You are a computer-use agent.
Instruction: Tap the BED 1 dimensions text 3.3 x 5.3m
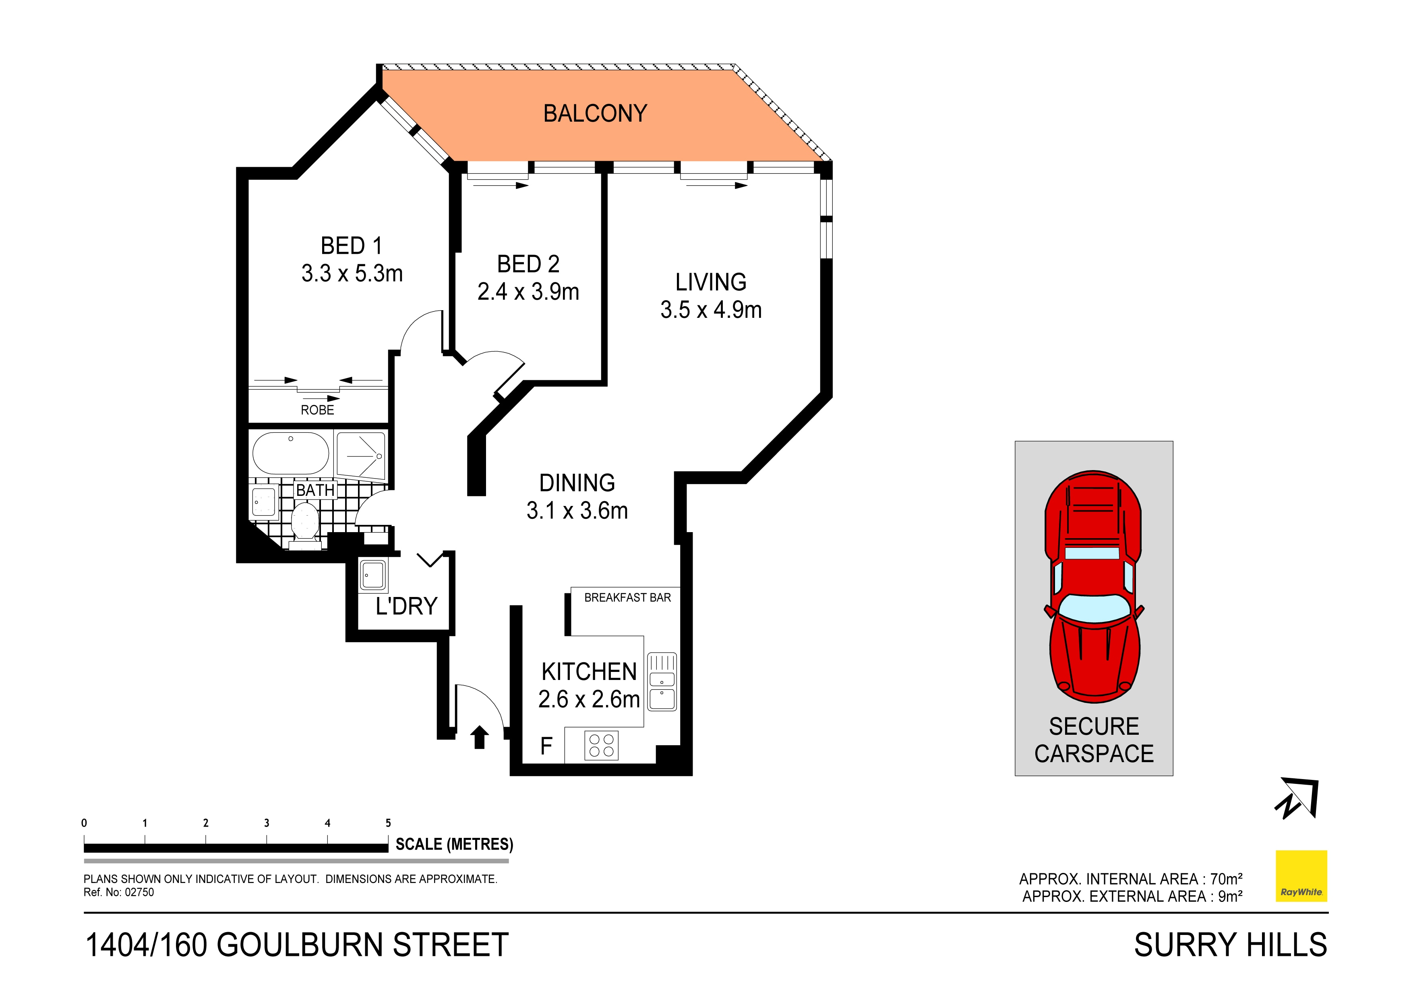coord(352,273)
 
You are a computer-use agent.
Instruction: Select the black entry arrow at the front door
coord(480,737)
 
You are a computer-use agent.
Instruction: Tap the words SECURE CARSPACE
coord(1094,740)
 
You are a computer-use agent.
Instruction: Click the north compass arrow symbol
coord(1297,799)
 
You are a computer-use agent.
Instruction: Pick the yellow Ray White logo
coord(1301,876)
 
